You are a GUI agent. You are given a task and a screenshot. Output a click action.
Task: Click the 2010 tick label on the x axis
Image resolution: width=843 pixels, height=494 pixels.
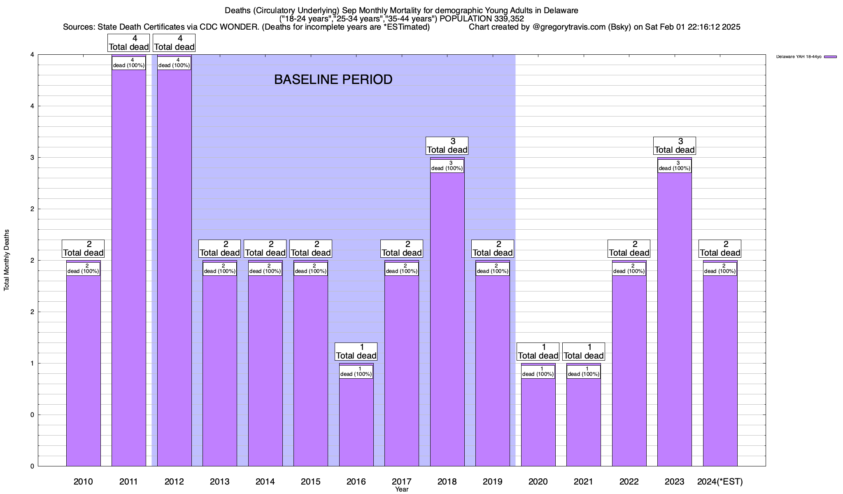tap(83, 481)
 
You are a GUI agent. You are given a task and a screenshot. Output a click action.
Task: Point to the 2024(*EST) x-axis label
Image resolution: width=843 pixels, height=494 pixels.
tap(720, 481)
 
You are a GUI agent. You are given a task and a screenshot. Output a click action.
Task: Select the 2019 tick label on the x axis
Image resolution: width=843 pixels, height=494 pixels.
tap(492, 481)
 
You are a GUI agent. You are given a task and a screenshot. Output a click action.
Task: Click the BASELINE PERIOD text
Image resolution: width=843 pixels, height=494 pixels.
tap(333, 79)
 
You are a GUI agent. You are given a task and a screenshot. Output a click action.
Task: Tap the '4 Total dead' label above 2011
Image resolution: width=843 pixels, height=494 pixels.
tap(128, 43)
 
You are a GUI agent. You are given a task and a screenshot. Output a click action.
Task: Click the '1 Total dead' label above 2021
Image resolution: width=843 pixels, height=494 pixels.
tap(583, 352)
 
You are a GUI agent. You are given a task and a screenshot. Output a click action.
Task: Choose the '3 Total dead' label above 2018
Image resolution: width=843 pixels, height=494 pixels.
tap(447, 146)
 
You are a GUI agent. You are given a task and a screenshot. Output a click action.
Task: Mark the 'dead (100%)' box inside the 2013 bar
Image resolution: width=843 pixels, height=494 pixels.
tap(220, 269)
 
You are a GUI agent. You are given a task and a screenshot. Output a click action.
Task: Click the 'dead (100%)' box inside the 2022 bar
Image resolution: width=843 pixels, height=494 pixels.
tap(629, 269)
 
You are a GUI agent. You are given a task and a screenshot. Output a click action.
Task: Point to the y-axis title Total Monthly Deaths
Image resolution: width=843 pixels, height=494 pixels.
tap(7, 260)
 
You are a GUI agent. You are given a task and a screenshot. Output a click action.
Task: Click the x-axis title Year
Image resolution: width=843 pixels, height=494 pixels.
tap(401, 489)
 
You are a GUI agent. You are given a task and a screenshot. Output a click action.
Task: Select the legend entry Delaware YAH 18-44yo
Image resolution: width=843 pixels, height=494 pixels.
tap(806, 57)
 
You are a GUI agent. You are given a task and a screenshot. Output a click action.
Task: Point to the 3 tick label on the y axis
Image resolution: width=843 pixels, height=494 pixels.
tap(32, 158)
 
